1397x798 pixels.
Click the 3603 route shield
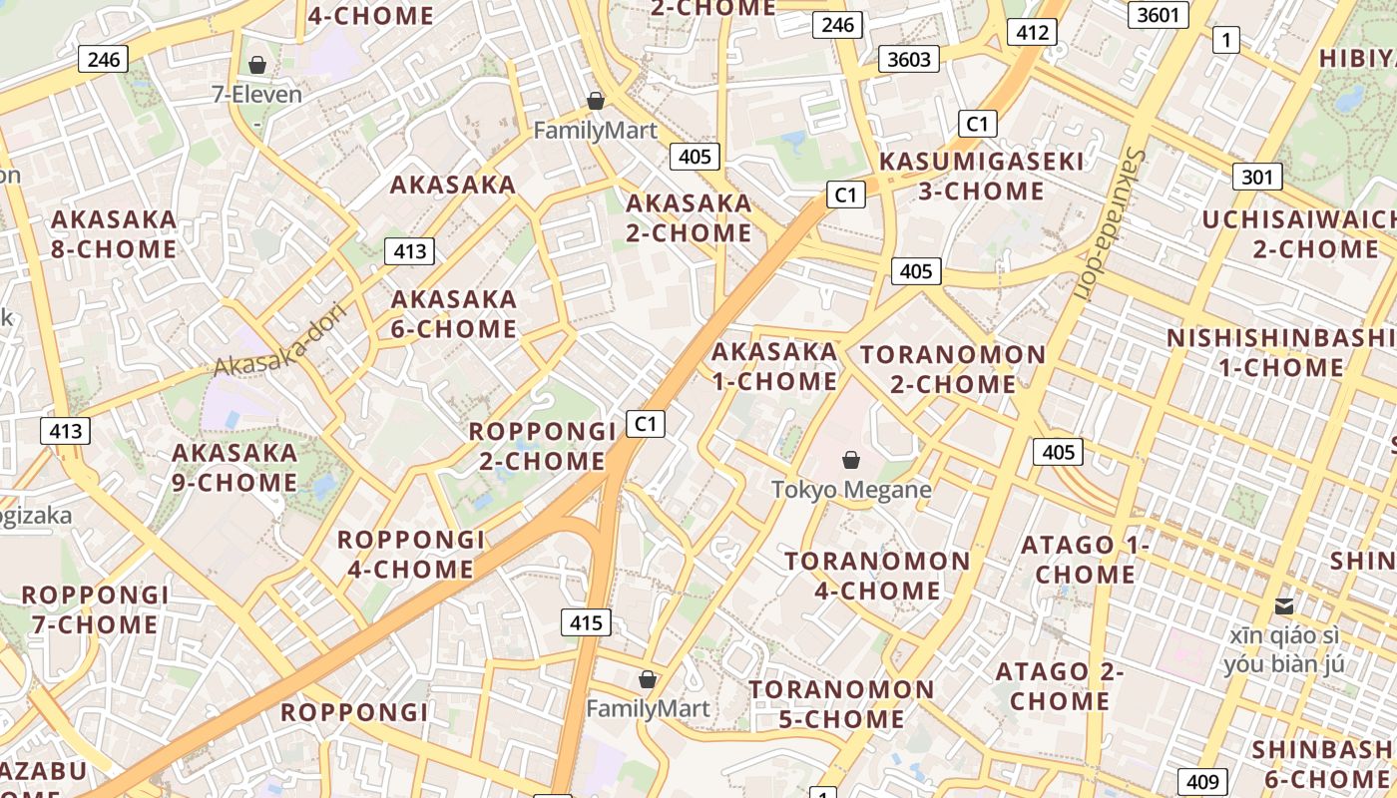click(x=909, y=59)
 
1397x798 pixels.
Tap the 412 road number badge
click(x=1032, y=32)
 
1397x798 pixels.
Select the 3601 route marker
click(x=1158, y=15)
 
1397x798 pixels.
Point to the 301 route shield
click(x=1257, y=178)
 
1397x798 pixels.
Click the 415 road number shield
click(x=586, y=623)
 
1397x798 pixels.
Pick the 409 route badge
click(x=1200, y=782)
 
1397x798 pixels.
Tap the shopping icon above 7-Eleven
click(x=257, y=65)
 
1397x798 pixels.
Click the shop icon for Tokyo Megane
click(x=851, y=460)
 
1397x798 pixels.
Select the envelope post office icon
click(x=1284, y=605)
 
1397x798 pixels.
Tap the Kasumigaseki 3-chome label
click(x=981, y=176)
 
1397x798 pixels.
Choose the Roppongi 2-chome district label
click(x=542, y=446)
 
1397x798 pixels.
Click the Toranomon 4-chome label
click(x=877, y=576)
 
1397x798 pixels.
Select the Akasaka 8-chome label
click(x=114, y=233)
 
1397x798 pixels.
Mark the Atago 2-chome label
click(x=1060, y=686)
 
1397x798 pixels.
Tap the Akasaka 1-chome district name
click(x=774, y=366)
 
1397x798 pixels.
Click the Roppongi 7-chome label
click(x=95, y=609)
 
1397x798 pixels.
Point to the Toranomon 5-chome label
click(x=841, y=704)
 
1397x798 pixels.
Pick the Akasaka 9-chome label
click(x=234, y=468)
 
